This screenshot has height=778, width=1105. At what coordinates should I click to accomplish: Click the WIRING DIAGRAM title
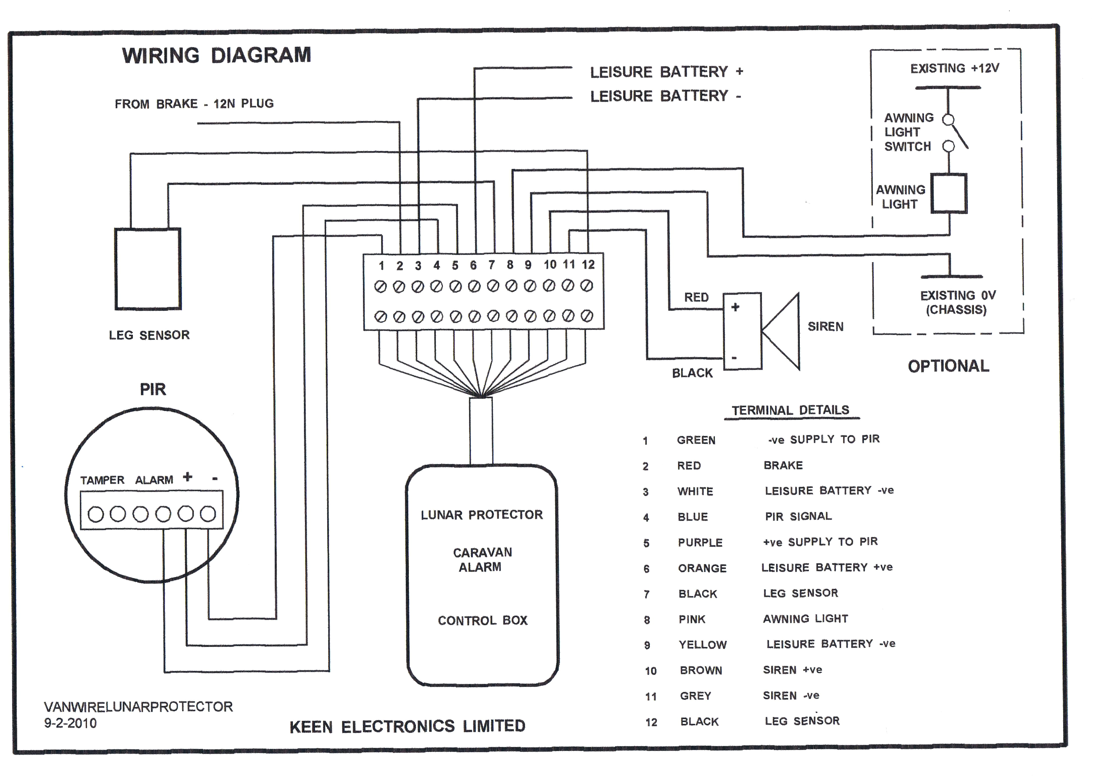click(x=217, y=55)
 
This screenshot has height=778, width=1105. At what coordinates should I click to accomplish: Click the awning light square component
click(x=948, y=193)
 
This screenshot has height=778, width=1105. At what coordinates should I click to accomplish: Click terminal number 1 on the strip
click(x=381, y=266)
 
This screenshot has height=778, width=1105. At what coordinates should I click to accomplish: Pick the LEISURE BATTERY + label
click(x=667, y=72)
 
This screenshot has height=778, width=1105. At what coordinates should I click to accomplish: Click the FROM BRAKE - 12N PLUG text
click(x=194, y=104)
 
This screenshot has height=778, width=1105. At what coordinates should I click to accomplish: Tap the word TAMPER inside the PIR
click(x=102, y=480)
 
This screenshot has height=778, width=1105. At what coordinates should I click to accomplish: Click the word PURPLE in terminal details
click(x=700, y=543)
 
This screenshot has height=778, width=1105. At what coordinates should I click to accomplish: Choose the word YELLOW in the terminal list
click(x=703, y=645)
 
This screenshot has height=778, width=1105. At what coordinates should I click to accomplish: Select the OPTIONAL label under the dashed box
click(x=948, y=366)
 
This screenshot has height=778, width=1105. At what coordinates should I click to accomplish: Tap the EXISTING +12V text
click(x=954, y=68)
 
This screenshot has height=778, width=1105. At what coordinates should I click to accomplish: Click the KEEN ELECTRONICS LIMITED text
click(x=407, y=727)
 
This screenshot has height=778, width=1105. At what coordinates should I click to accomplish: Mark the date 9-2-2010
click(x=70, y=723)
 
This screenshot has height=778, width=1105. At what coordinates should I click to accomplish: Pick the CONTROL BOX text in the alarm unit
click(x=482, y=621)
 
